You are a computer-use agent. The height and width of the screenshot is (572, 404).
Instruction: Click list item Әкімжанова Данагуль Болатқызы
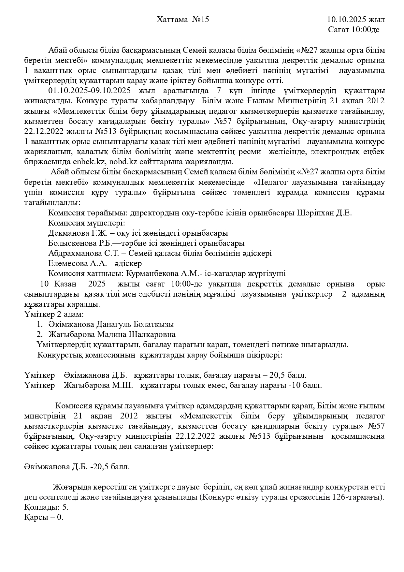[111, 325]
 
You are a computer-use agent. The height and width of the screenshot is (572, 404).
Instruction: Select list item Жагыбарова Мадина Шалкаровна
[112, 335]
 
